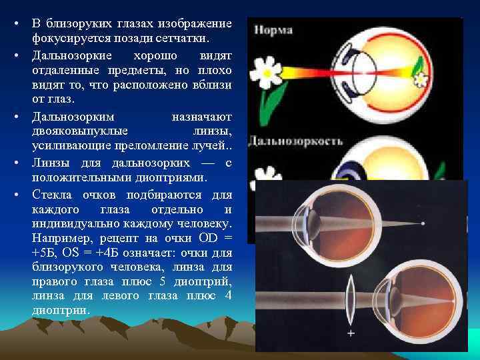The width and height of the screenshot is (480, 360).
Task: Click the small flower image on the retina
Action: pyautogui.click(x=421, y=78)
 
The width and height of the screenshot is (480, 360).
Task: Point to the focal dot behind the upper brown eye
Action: pyautogui.click(x=423, y=223)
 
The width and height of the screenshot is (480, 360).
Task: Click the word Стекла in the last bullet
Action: pyautogui.click(x=51, y=195)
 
